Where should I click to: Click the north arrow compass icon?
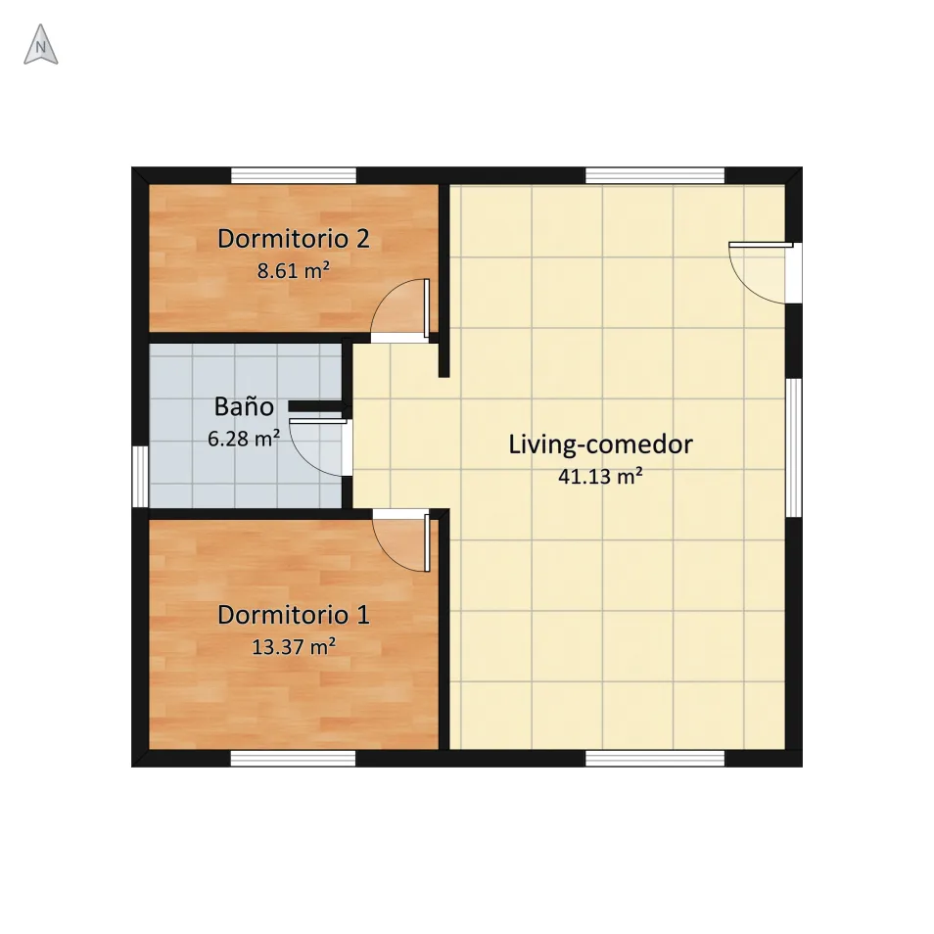(40, 45)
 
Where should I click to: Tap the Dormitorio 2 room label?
(293, 239)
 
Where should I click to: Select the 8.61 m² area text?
(293, 271)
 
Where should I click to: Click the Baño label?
(244, 406)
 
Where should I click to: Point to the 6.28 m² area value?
(244, 439)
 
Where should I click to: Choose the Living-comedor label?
(600, 444)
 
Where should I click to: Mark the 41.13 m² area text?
(600, 477)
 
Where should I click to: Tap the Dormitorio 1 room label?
(293, 615)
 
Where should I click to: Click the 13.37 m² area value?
(293, 647)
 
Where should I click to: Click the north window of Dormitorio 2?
(294, 175)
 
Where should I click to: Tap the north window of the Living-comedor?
(655, 175)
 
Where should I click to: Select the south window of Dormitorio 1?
(293, 759)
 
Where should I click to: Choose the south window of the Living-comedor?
(655, 759)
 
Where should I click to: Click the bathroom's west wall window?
(140, 477)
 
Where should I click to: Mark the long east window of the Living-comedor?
(794, 448)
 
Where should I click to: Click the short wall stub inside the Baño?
(317, 406)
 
